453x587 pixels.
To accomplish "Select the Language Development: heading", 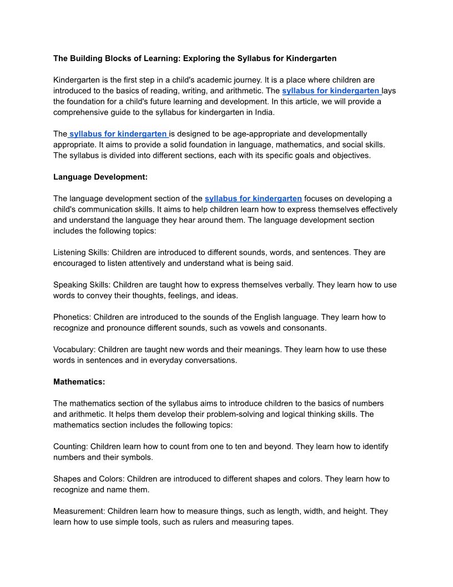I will (100, 177).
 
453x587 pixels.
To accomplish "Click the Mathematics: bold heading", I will (79, 382).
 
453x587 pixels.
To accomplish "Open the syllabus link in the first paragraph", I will (331, 91).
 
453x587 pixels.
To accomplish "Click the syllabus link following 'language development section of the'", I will (253, 198).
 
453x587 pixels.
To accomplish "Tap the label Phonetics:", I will (72, 317).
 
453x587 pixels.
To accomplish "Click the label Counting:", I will (71, 446).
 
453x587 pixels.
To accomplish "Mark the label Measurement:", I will (79, 511).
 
